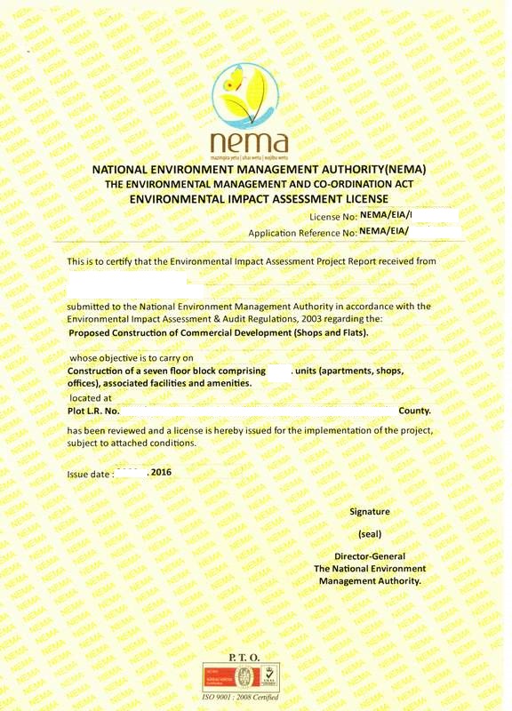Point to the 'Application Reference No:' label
click(x=302, y=233)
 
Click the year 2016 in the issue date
click(x=161, y=472)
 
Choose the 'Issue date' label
click(x=90, y=474)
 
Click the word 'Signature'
click(x=369, y=512)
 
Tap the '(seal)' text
click(x=369, y=535)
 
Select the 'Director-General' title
click(x=369, y=556)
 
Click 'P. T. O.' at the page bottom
click(x=244, y=656)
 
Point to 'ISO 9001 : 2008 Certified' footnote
click(x=243, y=699)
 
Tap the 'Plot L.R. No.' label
click(x=93, y=411)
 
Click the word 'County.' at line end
click(x=414, y=411)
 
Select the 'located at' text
click(x=91, y=398)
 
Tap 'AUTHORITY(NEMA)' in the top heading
click(x=378, y=169)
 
